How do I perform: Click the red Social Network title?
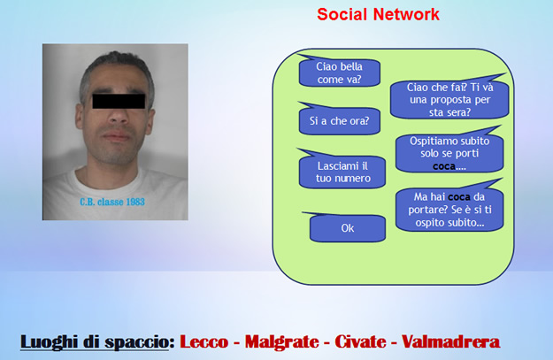pos(378,14)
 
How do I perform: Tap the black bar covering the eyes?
pos(119,101)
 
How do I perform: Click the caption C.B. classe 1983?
pos(112,202)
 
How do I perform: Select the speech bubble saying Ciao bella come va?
pos(339,72)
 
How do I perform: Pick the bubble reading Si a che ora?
pos(339,120)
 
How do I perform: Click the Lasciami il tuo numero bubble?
pos(342,171)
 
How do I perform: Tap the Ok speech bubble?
pos(347,228)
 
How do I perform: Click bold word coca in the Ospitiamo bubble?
pos(444,165)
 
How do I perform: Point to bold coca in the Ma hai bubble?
pos(459,196)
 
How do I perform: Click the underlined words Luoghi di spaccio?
pos(95,341)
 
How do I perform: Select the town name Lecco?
pos(204,341)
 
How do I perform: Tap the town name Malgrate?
pos(281,342)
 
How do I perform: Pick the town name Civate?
pos(360,341)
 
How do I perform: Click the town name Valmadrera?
pos(450,341)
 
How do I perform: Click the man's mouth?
pos(117,136)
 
